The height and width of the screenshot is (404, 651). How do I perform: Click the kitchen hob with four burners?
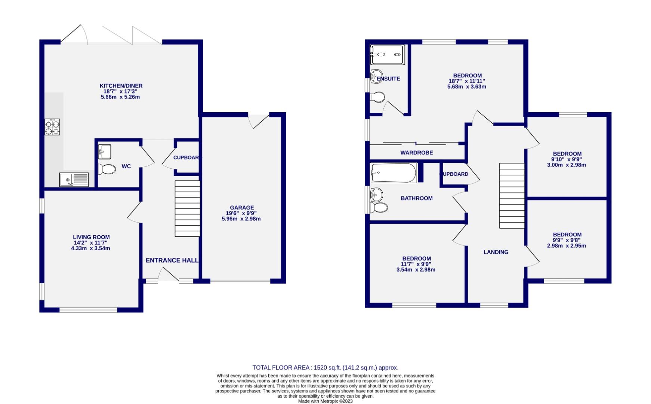[52, 127]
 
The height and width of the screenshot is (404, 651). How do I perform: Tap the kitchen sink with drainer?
[74, 180]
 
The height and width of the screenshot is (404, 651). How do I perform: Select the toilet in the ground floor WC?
[107, 169]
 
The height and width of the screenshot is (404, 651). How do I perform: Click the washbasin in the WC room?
[104, 151]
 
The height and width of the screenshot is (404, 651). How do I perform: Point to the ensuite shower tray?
[388, 55]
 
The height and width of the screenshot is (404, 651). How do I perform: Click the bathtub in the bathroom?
[394, 173]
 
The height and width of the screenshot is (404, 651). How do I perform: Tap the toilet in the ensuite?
[377, 98]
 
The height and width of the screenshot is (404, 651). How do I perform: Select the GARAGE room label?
[242, 208]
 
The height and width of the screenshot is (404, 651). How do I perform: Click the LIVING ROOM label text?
[91, 237]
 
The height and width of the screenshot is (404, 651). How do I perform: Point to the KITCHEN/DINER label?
[121, 86]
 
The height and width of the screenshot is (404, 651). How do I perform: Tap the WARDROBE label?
[416, 153]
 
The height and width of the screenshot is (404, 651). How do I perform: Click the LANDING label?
[496, 252]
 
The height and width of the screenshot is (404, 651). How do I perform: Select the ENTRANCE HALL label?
[172, 260]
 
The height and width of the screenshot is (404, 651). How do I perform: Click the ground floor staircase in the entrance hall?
[188, 208]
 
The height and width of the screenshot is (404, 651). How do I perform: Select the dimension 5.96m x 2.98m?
[241, 219]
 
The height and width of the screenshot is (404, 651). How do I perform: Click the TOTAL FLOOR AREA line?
[325, 368]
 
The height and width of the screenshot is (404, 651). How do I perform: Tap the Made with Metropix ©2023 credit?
[325, 401]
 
